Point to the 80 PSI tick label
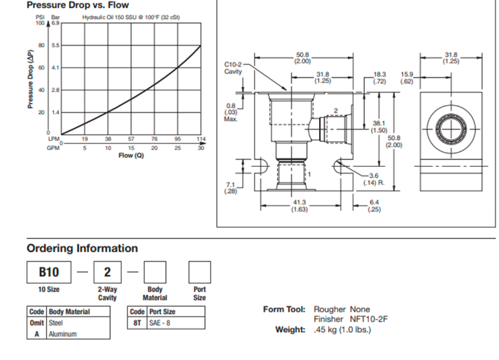click(41, 46)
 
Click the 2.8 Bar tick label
click(55, 90)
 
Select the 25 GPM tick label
click(177, 148)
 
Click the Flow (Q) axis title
click(130, 155)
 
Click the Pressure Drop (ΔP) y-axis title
click(30, 78)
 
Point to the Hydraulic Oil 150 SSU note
click(131, 15)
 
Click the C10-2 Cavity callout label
click(234, 68)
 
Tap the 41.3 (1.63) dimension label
click(301, 205)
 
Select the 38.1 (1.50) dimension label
click(378, 127)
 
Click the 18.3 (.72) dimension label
click(379, 76)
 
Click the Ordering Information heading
click(82, 249)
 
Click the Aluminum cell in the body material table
click(62, 334)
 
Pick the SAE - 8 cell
click(160, 323)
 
